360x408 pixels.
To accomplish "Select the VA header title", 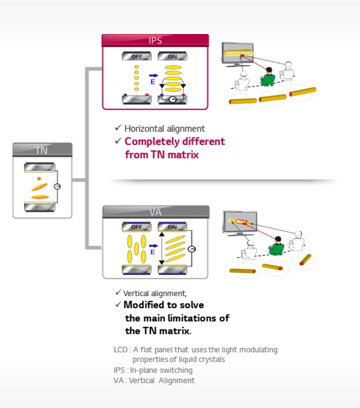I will pos(155,212).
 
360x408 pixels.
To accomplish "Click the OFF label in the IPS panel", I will pos(136,56).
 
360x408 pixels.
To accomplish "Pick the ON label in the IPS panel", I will pos(172,56).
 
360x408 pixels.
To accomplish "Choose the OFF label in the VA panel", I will pos(136,227).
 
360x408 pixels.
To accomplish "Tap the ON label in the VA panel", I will pos(172,227).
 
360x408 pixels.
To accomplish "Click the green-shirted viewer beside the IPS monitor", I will pos(268,76).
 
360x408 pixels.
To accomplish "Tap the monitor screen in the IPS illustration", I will pos(238,52).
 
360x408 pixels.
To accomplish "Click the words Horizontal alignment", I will pos(164,128).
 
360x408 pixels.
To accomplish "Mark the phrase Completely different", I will pos(174,141).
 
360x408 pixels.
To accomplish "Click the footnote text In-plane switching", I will pos(160,370).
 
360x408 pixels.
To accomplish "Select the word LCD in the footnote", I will pos(120,350).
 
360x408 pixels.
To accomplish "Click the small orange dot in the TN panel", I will pos(38,178).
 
